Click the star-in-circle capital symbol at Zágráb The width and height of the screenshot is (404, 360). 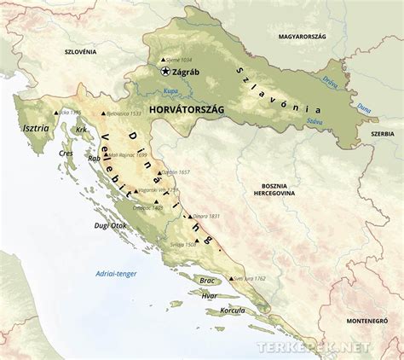tap(164, 73)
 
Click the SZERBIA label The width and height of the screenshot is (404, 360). tap(382, 134)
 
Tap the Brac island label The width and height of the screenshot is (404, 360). tap(207, 280)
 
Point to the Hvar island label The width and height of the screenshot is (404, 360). tap(210, 295)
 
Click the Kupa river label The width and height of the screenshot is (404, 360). tap(171, 90)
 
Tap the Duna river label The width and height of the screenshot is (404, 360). tap(363, 108)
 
